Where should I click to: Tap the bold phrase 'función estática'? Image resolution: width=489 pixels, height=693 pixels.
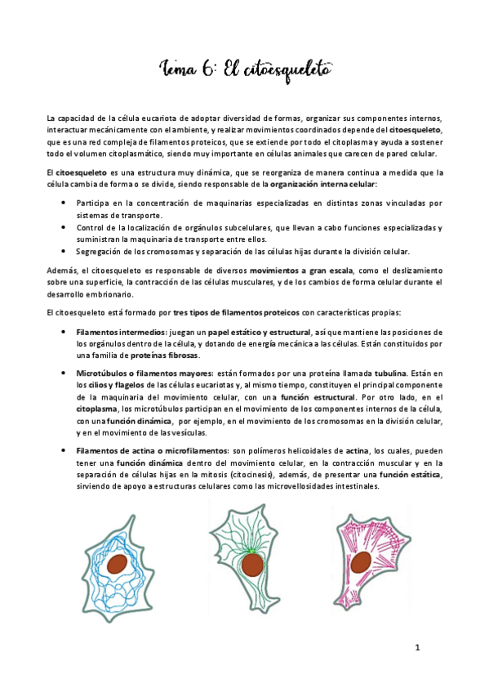(408, 474)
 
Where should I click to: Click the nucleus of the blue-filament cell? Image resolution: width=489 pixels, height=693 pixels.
(118, 564)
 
